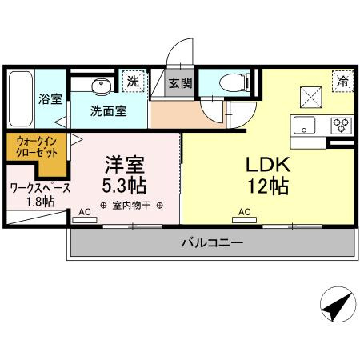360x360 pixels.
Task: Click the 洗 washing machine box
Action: [134, 80]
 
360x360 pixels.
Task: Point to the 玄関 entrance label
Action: [180, 82]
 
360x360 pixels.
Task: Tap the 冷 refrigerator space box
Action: [342, 80]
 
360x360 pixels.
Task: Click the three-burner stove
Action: [341, 125]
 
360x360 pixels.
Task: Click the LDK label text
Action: [265, 165]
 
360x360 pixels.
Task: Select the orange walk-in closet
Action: [34, 151]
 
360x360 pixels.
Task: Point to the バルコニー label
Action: [211, 242]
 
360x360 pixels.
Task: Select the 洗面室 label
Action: [108, 111]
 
